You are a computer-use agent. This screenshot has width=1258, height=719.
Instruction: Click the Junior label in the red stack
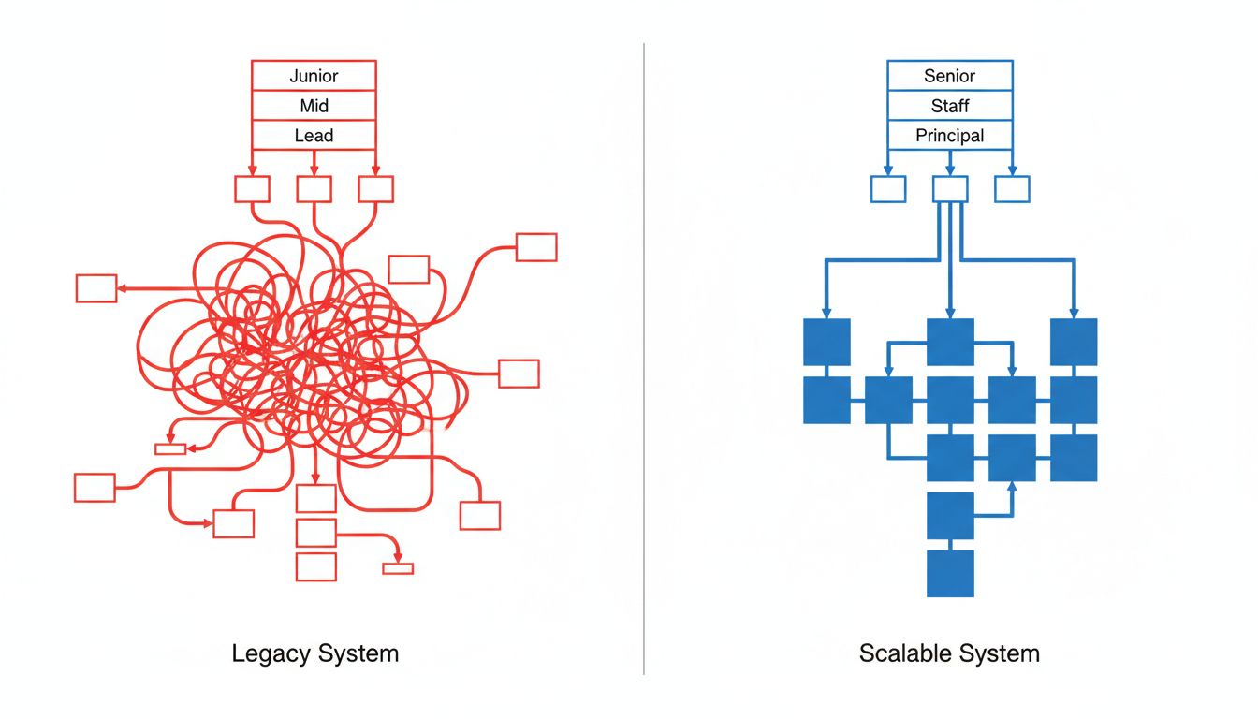(314, 76)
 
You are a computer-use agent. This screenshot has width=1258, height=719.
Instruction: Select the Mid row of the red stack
(314, 106)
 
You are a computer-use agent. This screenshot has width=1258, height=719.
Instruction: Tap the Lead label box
(314, 136)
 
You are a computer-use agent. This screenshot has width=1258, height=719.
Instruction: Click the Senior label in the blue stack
(949, 76)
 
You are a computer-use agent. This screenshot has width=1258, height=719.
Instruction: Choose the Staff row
(949, 106)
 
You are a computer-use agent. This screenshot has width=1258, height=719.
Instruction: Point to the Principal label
(949, 136)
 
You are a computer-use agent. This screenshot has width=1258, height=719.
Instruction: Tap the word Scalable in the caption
(902, 653)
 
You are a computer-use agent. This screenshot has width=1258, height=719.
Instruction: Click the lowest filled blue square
(950, 573)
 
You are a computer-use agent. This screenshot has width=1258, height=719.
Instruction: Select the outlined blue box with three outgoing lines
(950, 189)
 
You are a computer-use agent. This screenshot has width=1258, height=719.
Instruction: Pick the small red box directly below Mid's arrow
(314, 189)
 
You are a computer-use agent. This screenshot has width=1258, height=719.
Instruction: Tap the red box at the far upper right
(536, 247)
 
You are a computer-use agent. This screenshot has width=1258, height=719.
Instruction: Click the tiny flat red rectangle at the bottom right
(398, 568)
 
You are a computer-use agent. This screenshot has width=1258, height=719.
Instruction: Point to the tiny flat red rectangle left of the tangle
(170, 448)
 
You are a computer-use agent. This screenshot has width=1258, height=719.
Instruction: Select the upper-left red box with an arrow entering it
(96, 288)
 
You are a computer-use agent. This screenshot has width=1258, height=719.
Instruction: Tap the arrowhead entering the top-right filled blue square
(1074, 313)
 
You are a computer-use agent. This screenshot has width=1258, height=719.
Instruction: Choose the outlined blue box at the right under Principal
(1012, 189)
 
